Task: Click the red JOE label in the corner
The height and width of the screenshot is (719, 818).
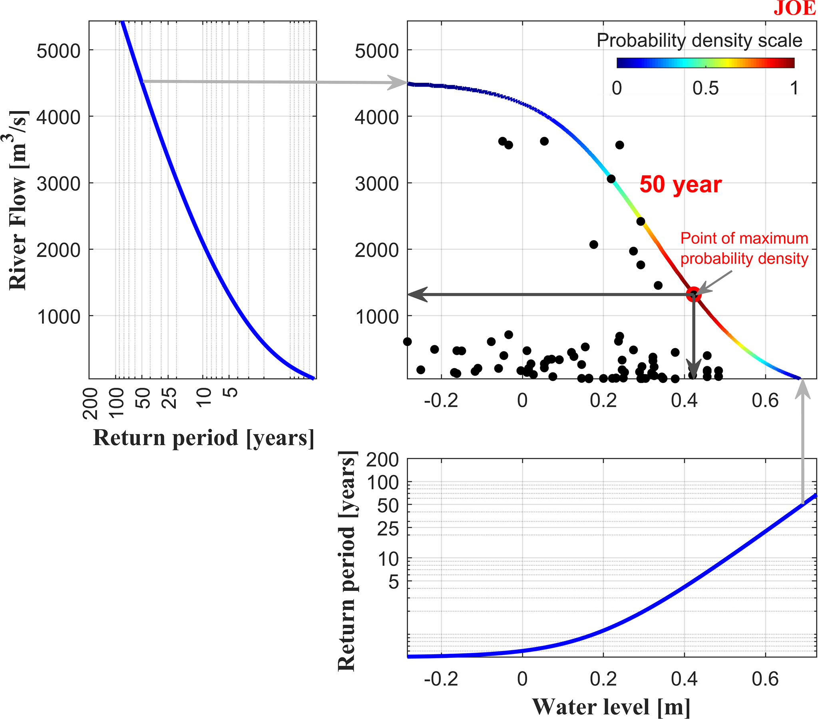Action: pyautogui.click(x=794, y=8)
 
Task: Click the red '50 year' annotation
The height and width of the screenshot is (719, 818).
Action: pyautogui.click(x=680, y=185)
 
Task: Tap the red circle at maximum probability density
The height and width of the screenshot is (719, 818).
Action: pyautogui.click(x=693, y=294)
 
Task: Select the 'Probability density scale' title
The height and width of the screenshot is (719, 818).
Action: pyautogui.click(x=699, y=40)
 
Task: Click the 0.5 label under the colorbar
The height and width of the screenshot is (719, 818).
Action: pyautogui.click(x=705, y=88)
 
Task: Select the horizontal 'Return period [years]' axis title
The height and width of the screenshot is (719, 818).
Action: pyautogui.click(x=203, y=438)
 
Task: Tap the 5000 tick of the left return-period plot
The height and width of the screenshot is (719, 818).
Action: pyautogui.click(x=58, y=51)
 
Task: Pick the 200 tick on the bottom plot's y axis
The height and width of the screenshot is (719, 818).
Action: pyautogui.click(x=382, y=460)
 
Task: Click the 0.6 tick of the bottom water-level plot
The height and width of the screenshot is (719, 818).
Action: pyautogui.click(x=765, y=679)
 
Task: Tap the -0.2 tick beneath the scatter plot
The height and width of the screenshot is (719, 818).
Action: pyautogui.click(x=441, y=400)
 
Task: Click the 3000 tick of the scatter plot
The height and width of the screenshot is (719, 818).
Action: pyautogui.click(x=376, y=184)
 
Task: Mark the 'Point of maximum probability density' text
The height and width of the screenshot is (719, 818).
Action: pyautogui.click(x=744, y=248)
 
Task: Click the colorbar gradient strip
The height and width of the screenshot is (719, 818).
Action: pyautogui.click(x=705, y=63)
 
